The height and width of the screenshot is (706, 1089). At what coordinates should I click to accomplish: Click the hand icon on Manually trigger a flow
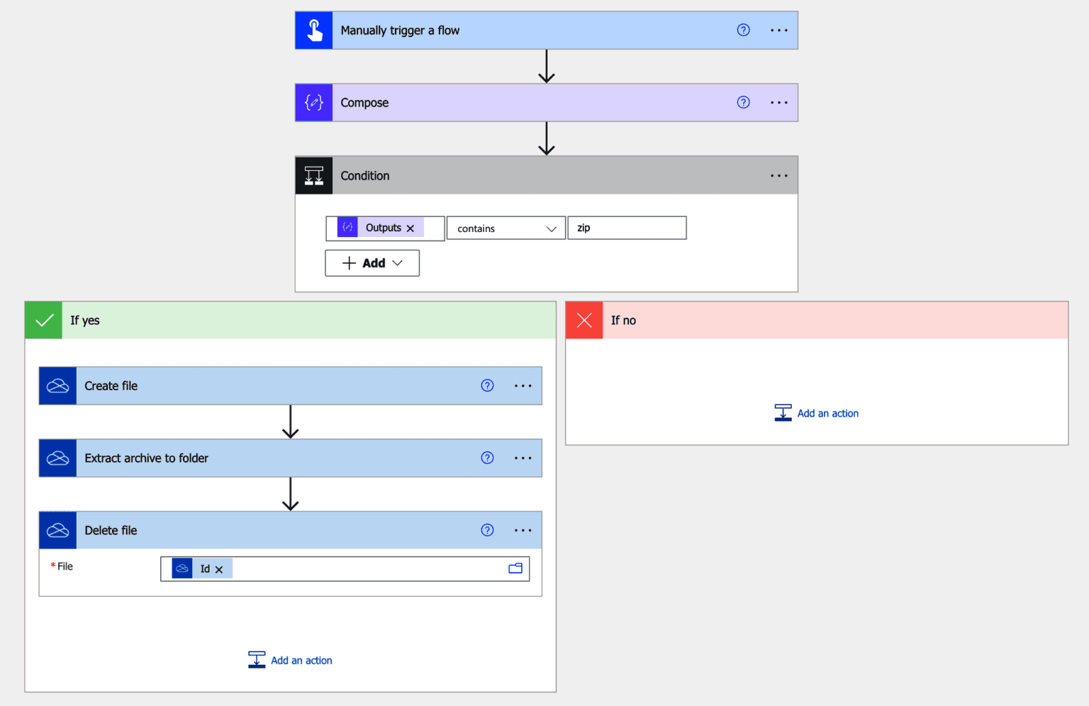point(314,31)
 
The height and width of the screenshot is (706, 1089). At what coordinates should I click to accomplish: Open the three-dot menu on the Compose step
point(778,103)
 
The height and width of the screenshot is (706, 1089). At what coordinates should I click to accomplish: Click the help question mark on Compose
point(743,103)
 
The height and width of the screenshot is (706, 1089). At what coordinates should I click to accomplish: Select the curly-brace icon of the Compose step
point(314,103)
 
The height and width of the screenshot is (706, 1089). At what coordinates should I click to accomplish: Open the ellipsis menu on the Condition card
point(778,176)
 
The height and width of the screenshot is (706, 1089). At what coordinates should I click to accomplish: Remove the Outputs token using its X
point(411,228)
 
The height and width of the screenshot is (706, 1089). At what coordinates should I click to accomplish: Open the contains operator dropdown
point(506,228)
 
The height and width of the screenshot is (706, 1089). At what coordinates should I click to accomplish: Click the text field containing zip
point(627,228)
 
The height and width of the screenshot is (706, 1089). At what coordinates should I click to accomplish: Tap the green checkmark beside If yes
point(44,321)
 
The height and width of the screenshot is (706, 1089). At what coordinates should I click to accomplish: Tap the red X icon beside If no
point(584,321)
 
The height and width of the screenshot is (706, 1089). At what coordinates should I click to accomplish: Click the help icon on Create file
point(487,386)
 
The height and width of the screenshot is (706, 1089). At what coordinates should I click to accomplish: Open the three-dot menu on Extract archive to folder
point(523,458)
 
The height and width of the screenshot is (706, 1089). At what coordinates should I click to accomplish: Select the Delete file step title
point(111,531)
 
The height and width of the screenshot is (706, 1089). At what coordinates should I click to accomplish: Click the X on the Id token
point(219,570)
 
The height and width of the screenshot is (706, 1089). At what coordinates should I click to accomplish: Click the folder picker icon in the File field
point(515,568)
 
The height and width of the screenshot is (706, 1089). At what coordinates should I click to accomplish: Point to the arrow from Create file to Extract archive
point(291,422)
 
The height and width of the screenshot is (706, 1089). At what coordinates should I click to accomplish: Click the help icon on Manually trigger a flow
point(743,31)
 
